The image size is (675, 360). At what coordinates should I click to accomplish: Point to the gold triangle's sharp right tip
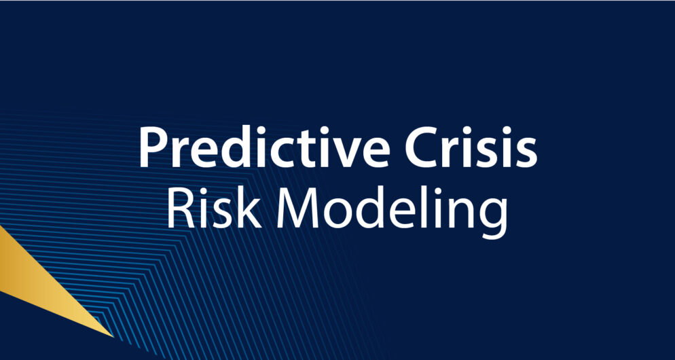pos(112,336)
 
